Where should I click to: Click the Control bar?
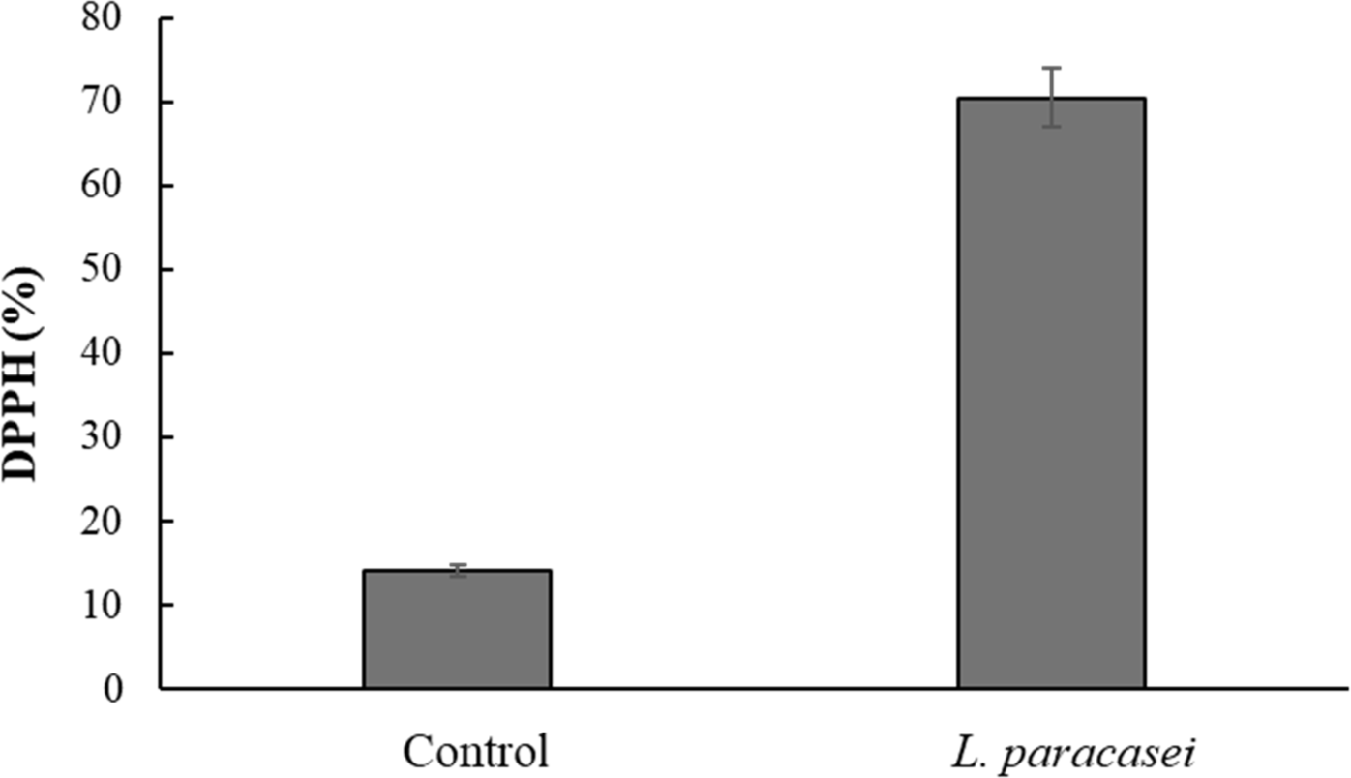pyautogui.click(x=457, y=629)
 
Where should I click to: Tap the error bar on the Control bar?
pyautogui.click(x=457, y=570)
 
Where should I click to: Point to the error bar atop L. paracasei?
pyautogui.click(x=1051, y=97)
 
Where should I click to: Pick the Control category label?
pyautogui.click(x=476, y=752)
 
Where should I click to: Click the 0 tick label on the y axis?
pyautogui.click(x=115, y=689)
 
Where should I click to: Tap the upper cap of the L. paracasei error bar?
pyautogui.click(x=1051, y=68)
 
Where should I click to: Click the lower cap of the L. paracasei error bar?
pyautogui.click(x=1051, y=127)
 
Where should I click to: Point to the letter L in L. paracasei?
pyautogui.click(x=953, y=751)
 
